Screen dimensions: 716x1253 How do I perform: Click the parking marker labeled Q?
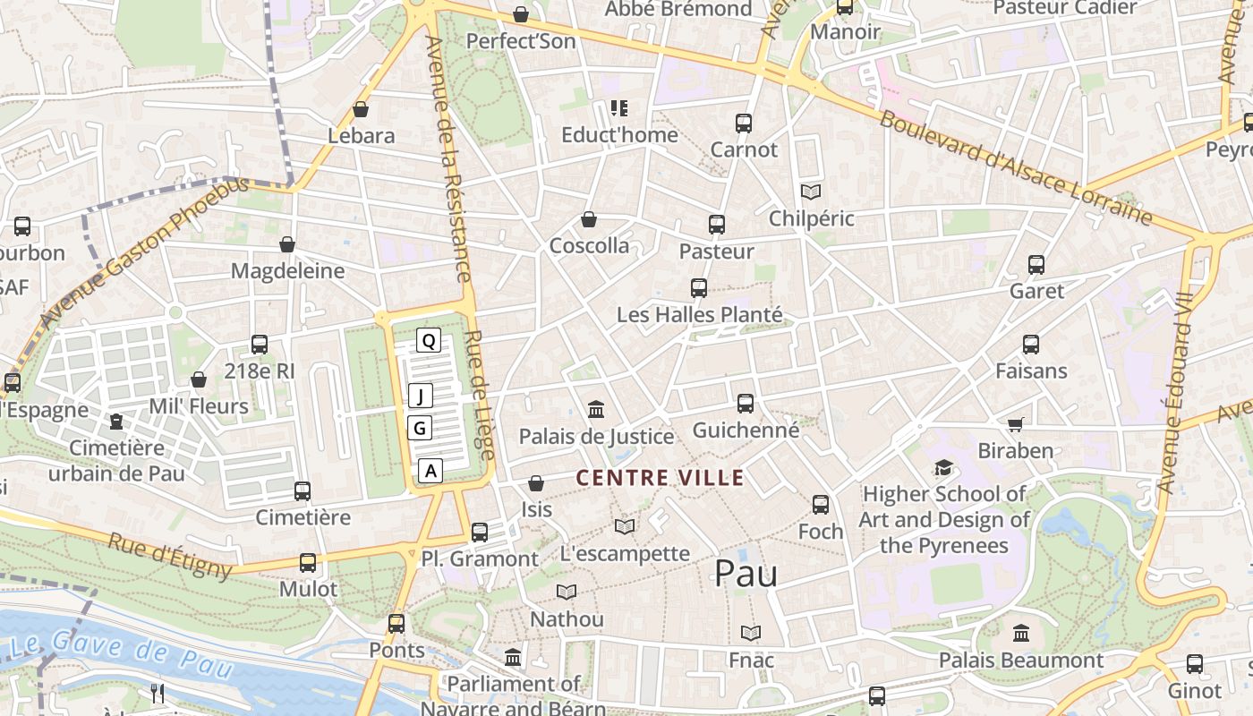click(429, 340)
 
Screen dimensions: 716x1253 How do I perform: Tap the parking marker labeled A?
click(430, 470)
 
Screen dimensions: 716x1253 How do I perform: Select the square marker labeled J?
click(420, 396)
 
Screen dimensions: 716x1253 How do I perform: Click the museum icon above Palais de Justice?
click(596, 410)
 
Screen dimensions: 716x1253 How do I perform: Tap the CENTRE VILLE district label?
click(660, 478)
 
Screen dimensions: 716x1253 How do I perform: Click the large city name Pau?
click(745, 574)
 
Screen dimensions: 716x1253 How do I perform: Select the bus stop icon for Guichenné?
click(746, 404)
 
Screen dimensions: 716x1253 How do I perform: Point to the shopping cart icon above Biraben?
click(1015, 424)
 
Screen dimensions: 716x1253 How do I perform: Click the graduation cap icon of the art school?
click(943, 467)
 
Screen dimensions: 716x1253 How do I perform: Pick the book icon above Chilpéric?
click(811, 192)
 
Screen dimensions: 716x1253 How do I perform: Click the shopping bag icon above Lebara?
click(361, 109)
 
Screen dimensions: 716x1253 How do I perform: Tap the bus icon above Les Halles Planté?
click(699, 288)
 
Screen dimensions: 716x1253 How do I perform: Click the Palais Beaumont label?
click(1020, 661)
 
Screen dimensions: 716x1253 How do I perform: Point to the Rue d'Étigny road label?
click(170, 556)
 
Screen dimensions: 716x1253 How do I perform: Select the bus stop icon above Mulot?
click(308, 563)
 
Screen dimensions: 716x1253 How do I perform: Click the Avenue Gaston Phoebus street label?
click(143, 252)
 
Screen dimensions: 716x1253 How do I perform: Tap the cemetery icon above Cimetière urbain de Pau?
click(115, 422)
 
